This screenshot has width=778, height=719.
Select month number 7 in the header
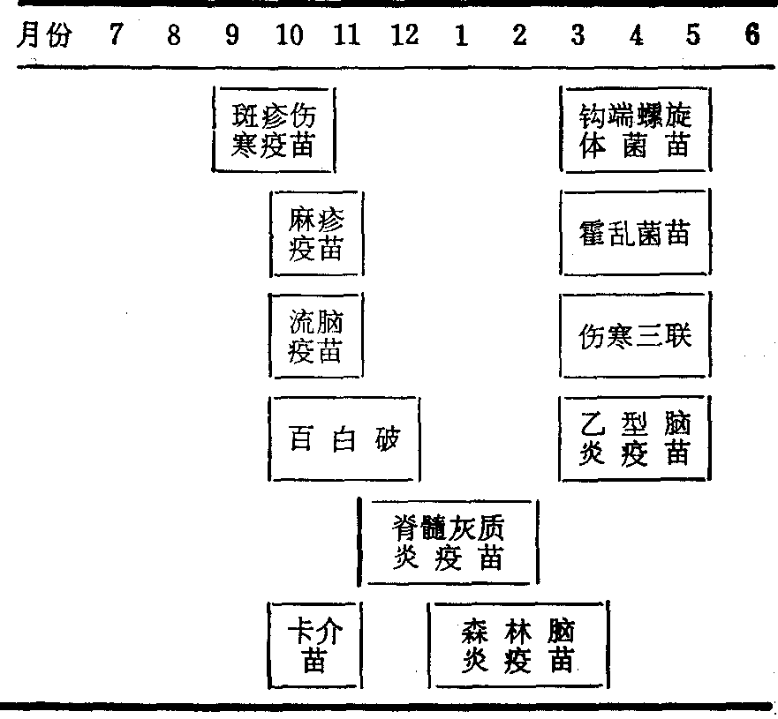click(x=116, y=36)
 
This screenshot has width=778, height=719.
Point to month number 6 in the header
click(x=752, y=36)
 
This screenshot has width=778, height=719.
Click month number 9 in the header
click(x=231, y=36)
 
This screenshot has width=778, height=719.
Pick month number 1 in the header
click(x=461, y=36)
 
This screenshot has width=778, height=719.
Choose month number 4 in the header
click(x=636, y=36)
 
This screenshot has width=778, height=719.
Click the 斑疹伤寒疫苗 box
click(x=274, y=129)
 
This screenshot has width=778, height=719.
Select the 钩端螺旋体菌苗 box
click(x=635, y=129)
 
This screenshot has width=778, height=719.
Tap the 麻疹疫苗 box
click(x=316, y=234)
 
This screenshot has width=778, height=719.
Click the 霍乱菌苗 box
click(x=635, y=234)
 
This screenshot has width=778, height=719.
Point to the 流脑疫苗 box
click(x=316, y=336)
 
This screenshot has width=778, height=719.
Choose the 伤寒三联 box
click(x=635, y=336)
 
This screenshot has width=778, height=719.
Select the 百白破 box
click(x=344, y=438)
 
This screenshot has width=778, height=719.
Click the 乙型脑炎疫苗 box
click(x=635, y=438)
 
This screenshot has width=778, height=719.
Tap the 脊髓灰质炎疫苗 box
click(x=449, y=542)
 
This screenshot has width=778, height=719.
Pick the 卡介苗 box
click(x=315, y=645)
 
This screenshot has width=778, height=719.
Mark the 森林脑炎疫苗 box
click(x=518, y=645)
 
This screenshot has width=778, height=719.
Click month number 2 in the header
click(x=519, y=36)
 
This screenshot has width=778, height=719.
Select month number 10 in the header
click(x=289, y=36)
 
